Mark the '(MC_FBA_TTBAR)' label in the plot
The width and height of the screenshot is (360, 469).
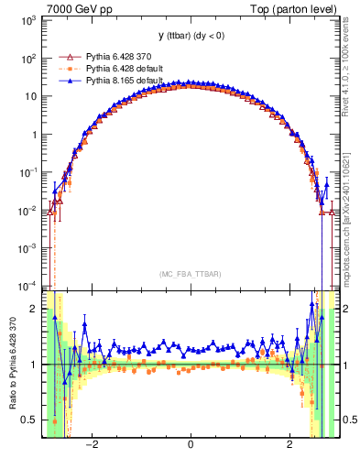coord(190,273)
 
